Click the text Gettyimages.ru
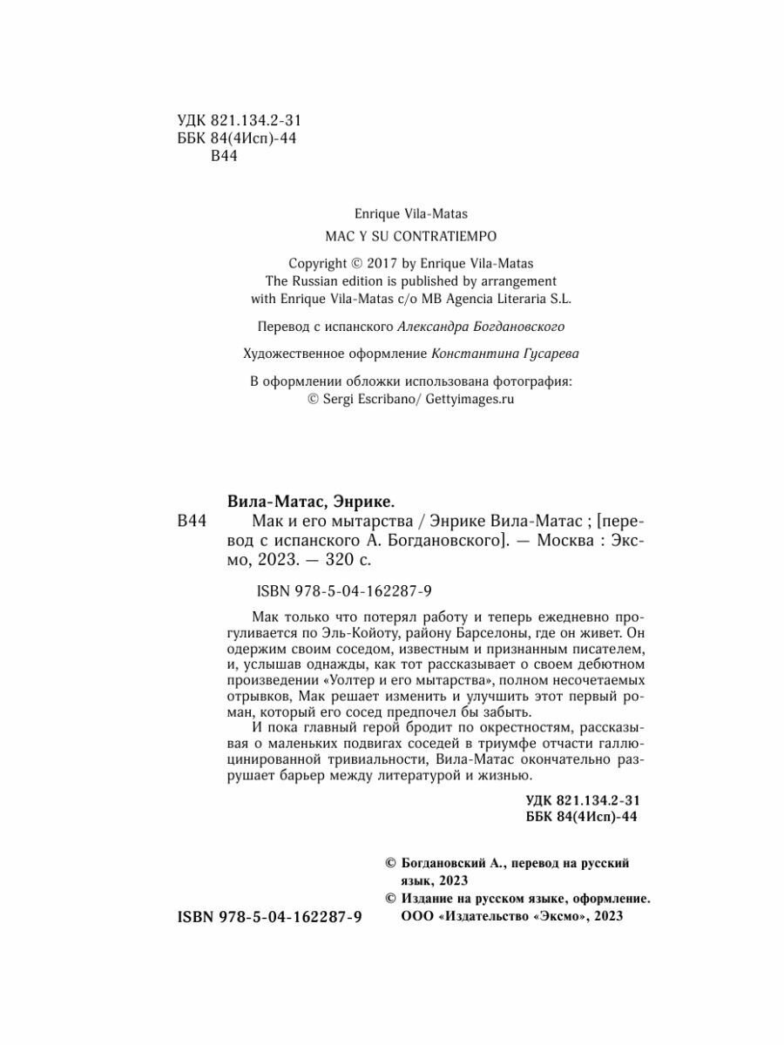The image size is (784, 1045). pos(469,400)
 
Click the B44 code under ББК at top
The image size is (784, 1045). pos(225,155)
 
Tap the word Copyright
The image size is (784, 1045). pos(319,263)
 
